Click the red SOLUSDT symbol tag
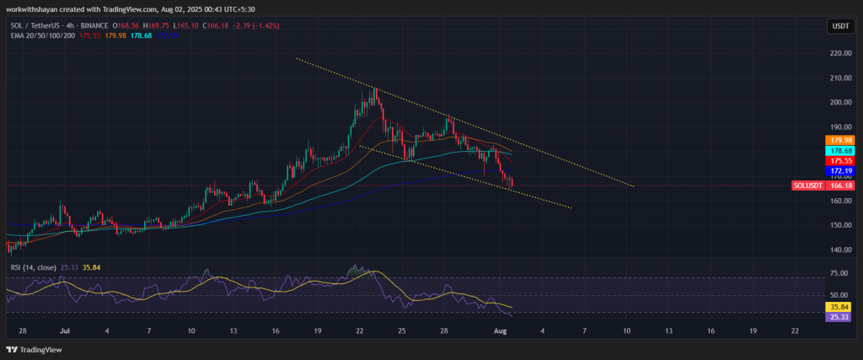point(807,185)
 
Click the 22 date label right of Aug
point(796,332)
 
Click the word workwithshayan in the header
point(34,8)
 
